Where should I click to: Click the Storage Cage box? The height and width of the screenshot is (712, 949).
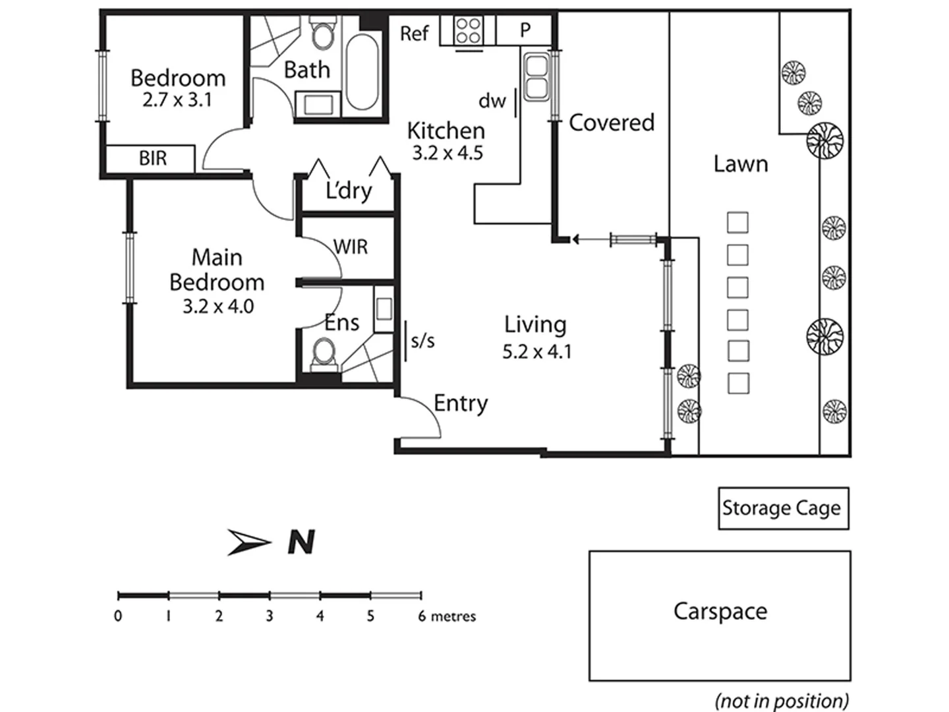(783, 508)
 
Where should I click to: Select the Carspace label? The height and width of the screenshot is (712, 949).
(720, 611)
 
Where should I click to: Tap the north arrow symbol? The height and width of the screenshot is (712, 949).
(250, 542)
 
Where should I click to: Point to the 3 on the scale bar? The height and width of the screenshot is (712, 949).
(270, 616)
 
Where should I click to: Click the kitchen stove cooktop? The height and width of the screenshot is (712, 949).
(468, 31)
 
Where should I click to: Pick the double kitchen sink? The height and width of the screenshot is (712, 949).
(535, 77)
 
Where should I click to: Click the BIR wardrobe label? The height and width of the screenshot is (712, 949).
(152, 159)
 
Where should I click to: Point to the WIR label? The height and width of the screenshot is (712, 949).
(351, 247)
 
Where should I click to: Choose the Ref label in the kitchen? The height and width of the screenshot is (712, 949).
(414, 33)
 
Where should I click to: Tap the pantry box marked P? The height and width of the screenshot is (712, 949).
(525, 30)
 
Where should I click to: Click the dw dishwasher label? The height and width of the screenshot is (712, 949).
(492, 101)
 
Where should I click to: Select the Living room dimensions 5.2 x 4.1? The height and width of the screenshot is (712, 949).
(536, 352)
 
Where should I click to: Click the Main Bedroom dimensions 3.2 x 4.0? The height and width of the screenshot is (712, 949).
(217, 307)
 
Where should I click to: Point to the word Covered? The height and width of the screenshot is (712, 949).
(611, 123)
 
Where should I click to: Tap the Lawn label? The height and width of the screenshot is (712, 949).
(740, 163)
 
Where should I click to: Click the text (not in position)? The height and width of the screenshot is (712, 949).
(782, 700)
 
